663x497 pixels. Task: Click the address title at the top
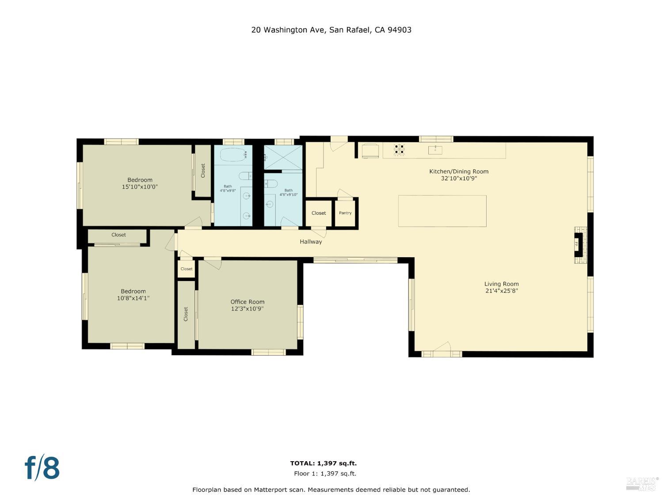click(331, 30)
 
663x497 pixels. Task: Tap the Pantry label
click(345, 213)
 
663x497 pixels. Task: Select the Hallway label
click(311, 242)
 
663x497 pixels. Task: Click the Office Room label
click(248, 302)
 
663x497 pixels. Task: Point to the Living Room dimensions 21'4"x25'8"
click(501, 291)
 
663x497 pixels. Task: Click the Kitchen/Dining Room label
click(459, 171)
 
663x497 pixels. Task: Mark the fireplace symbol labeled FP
click(578, 245)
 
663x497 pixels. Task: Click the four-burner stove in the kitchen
click(400, 150)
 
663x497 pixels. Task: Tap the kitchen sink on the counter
click(435, 150)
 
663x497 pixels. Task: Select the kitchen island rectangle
click(442, 211)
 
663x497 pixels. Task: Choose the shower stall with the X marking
click(283, 157)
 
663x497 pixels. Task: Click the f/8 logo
click(42, 468)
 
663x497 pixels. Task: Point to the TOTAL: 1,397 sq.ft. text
click(323, 463)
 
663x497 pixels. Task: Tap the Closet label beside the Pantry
click(319, 213)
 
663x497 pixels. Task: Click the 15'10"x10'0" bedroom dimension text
click(140, 187)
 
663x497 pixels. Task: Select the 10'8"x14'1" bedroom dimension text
click(133, 298)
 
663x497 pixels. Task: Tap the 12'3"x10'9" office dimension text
click(248, 309)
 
